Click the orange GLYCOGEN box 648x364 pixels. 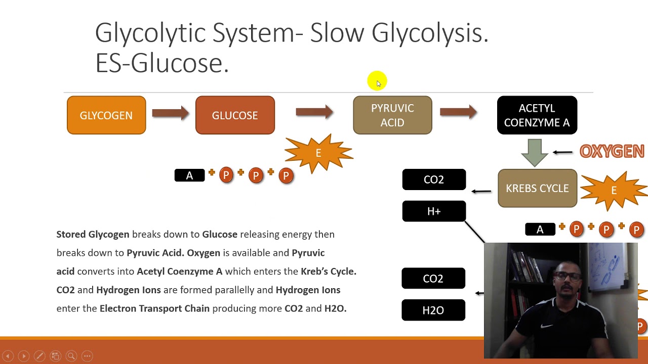(x=106, y=115)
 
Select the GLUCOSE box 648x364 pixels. (x=235, y=115)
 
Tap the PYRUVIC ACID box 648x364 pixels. (x=392, y=115)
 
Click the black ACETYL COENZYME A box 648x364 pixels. (x=537, y=115)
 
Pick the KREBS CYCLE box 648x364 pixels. (x=537, y=188)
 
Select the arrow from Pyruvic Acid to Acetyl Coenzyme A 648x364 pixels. (x=458, y=112)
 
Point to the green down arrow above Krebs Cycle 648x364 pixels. (x=535, y=151)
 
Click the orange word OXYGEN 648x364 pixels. (x=612, y=151)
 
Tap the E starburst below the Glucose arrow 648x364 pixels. (x=318, y=153)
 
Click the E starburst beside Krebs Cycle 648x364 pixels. (x=614, y=191)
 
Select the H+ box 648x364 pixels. (x=434, y=211)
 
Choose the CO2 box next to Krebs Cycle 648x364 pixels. (x=434, y=179)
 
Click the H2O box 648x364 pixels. (x=433, y=310)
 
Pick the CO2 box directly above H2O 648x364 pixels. (x=433, y=279)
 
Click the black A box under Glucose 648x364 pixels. (x=189, y=175)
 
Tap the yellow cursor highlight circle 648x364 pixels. (x=377, y=81)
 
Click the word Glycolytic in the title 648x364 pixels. (x=149, y=33)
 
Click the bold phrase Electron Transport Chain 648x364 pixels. (x=154, y=308)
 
